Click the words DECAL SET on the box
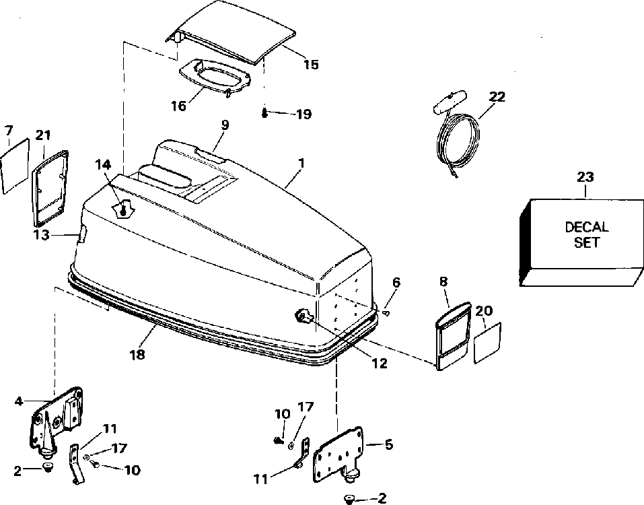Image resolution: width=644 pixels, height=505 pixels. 586,234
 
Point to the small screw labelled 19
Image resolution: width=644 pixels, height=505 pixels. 265,112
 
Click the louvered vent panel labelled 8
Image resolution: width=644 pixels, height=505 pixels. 451,336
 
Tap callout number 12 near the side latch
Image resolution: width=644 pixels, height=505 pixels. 380,363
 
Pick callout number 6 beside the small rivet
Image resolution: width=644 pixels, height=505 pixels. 396,283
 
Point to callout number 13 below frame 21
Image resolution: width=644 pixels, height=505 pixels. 42,234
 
